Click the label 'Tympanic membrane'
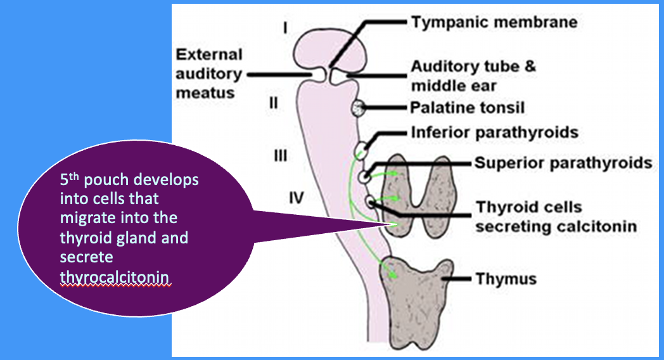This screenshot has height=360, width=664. pyautogui.click(x=494, y=22)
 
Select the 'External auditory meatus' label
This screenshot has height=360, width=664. pyautogui.click(x=208, y=74)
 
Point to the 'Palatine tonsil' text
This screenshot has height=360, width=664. pyautogui.click(x=468, y=108)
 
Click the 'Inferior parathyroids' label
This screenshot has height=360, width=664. pyautogui.click(x=495, y=133)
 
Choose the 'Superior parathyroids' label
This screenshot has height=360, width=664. pyautogui.click(x=563, y=163)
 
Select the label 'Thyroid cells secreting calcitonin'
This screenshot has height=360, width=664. pyautogui.click(x=556, y=216)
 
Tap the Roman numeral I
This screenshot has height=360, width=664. pyautogui.click(x=286, y=28)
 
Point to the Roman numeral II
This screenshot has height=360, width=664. pyautogui.click(x=274, y=103)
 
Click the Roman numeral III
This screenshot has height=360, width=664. pyautogui.click(x=279, y=155)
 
